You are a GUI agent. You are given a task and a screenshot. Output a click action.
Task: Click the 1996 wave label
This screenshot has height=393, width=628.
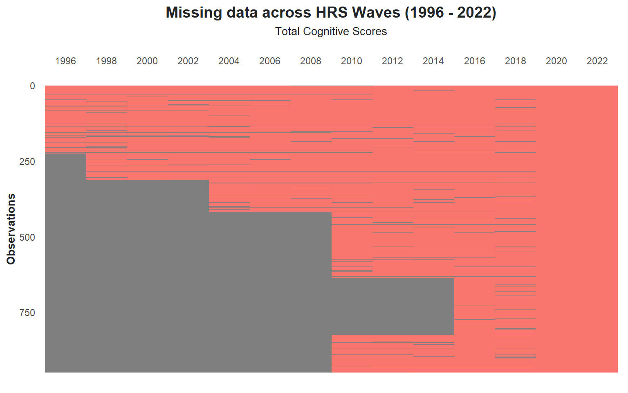(65, 61)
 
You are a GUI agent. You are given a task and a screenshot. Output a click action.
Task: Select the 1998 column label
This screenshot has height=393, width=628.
(106, 61)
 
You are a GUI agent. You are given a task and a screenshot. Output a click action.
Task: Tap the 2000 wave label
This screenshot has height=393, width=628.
(147, 61)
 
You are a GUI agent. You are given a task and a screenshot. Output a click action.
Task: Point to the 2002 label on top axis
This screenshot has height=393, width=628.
(188, 61)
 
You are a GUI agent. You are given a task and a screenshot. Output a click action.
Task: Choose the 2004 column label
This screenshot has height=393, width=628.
(229, 61)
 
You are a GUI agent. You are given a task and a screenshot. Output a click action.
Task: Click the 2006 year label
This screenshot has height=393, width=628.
(270, 61)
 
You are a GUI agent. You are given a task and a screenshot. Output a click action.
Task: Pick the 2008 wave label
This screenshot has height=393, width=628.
(311, 61)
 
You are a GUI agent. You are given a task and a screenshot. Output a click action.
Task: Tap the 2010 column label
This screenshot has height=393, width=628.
(352, 61)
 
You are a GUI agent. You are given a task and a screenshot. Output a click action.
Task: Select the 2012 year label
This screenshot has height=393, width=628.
(392, 61)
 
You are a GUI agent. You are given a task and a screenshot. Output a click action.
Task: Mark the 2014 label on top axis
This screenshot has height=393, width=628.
(433, 61)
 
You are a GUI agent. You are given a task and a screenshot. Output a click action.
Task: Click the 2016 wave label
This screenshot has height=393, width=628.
(475, 61)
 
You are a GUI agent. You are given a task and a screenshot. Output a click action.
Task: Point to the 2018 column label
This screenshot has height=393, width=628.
(516, 61)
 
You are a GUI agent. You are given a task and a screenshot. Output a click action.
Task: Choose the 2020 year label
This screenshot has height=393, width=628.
(556, 61)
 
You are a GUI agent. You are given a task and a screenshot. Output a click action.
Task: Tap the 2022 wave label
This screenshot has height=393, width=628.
(597, 61)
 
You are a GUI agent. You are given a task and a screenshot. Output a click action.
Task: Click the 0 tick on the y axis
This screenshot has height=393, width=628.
(33, 86)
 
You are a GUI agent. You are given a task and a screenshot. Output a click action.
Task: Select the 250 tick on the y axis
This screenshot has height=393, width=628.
(27, 162)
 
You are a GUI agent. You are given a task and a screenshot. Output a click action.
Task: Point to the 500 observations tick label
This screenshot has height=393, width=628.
(27, 237)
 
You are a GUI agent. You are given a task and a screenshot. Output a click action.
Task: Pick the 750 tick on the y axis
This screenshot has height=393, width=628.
(27, 313)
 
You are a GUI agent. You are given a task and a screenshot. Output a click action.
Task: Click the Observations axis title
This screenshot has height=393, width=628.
(11, 229)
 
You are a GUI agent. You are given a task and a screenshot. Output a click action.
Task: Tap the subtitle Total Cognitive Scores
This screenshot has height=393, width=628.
(331, 32)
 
